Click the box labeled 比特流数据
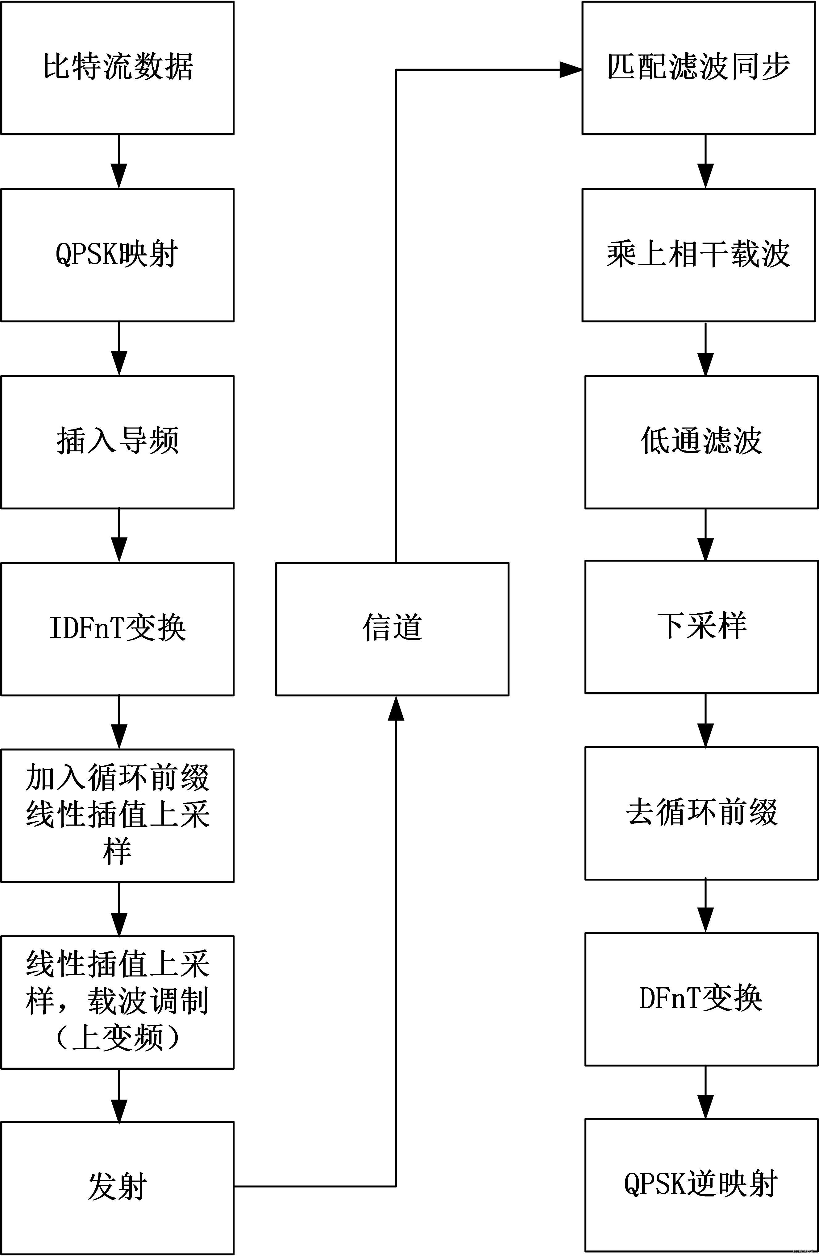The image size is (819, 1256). [x=117, y=68]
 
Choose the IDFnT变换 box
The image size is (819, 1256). [x=117, y=628]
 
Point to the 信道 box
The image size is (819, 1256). [x=392, y=628]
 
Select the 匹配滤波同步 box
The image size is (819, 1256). [x=698, y=68]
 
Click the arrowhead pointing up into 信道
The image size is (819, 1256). [x=396, y=708]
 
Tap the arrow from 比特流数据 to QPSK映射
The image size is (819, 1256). [x=119, y=161]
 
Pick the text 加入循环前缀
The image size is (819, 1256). [x=117, y=778]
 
